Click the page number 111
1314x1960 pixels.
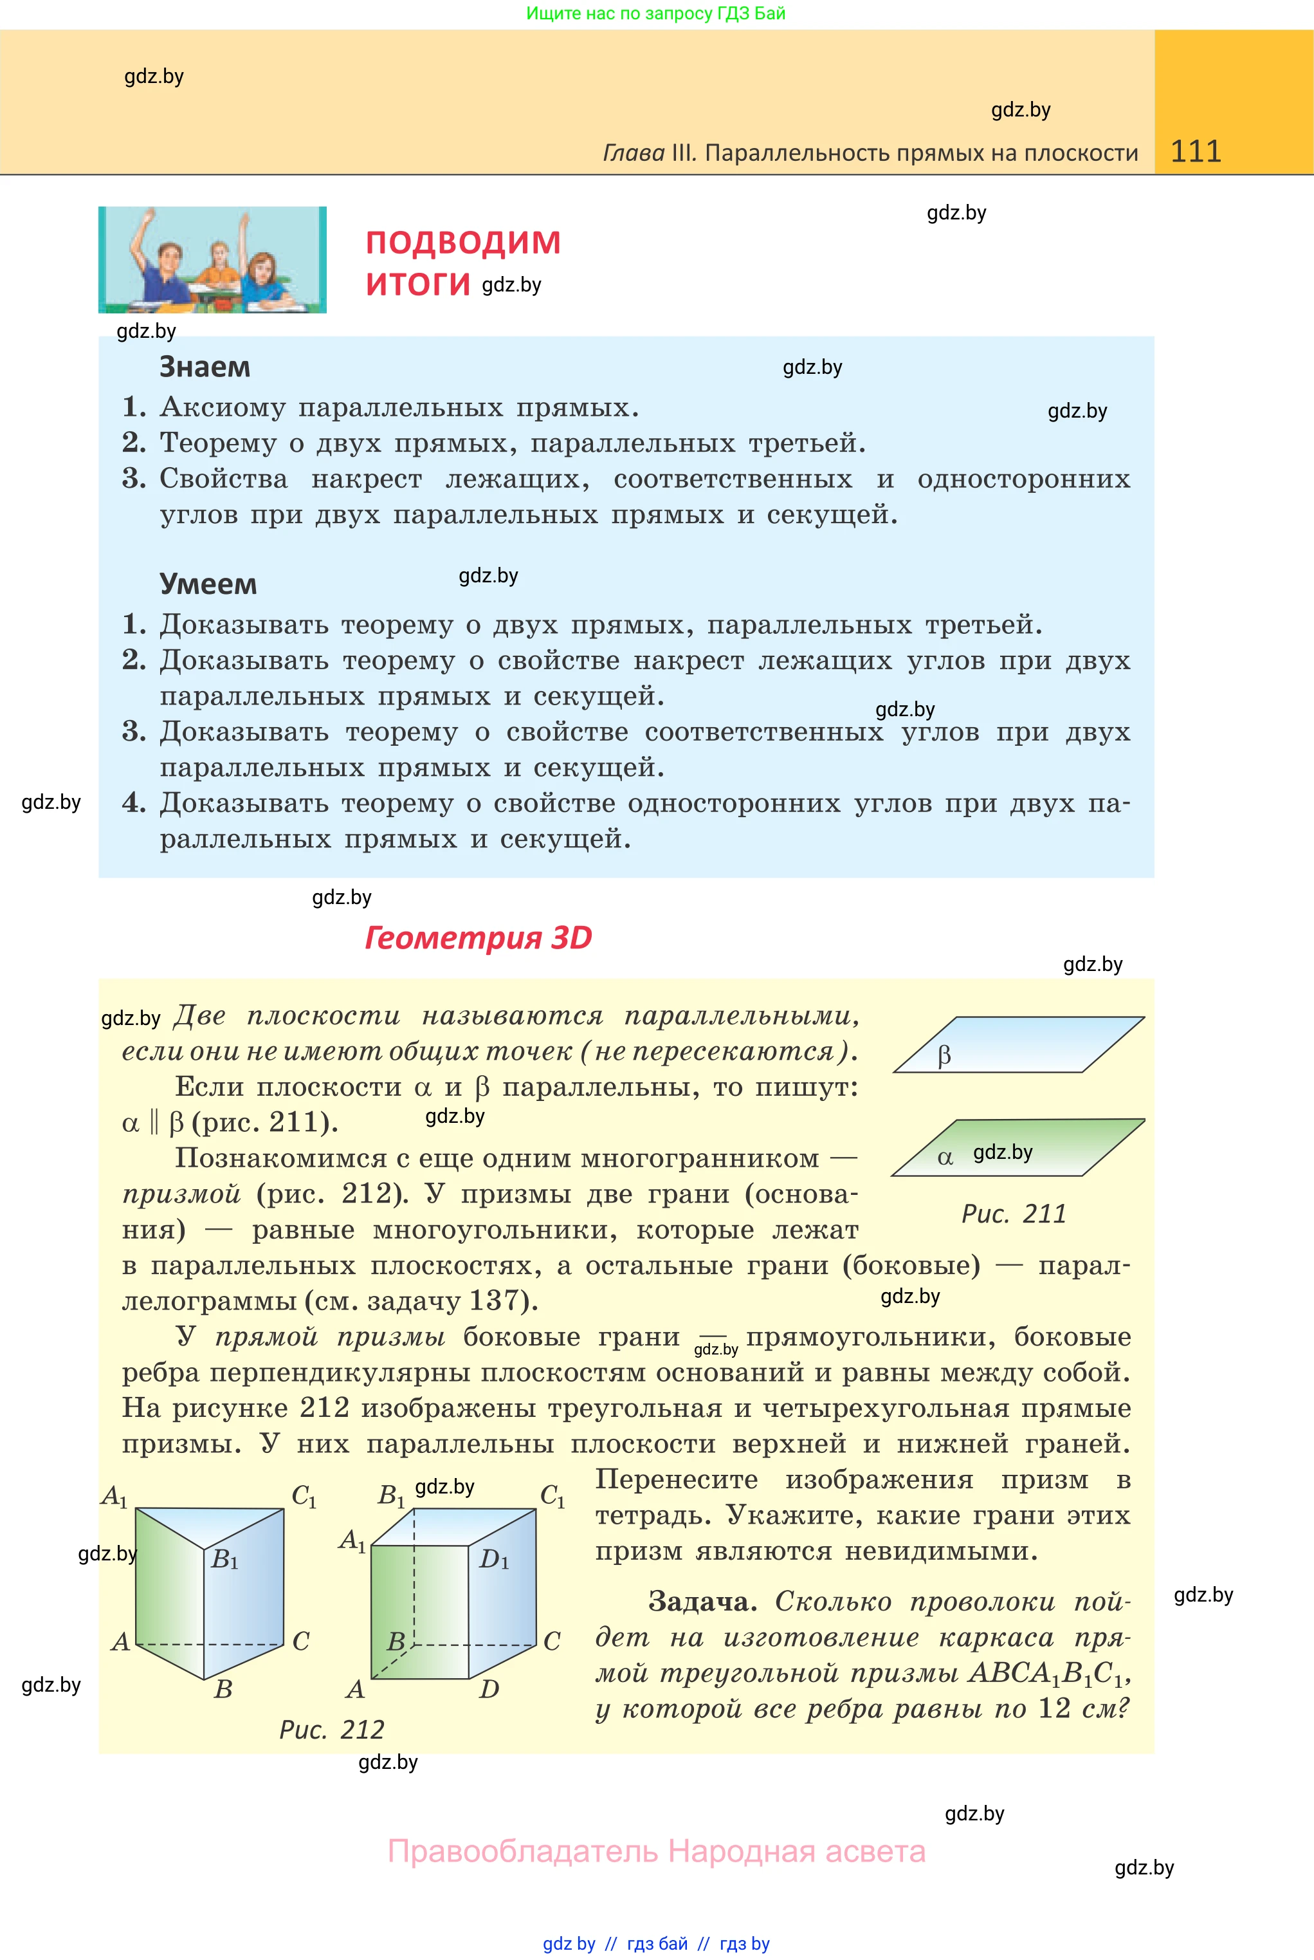[1195, 152]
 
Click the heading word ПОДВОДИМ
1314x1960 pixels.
[462, 243]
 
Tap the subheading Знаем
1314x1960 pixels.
[205, 367]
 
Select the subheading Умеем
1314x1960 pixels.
[208, 584]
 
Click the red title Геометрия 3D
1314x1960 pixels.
[478, 938]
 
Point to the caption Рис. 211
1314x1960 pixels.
[1013, 1214]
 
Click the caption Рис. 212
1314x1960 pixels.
[332, 1730]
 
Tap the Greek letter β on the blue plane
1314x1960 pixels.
[944, 1055]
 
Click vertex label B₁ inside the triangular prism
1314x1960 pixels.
[224, 1559]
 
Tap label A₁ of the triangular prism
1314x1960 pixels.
[114, 1497]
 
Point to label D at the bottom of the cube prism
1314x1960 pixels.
[489, 1689]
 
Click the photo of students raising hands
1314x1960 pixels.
[212, 260]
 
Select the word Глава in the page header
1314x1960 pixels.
[634, 153]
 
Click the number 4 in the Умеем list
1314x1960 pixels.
[132, 803]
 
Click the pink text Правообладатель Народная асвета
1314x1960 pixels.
[656, 1851]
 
